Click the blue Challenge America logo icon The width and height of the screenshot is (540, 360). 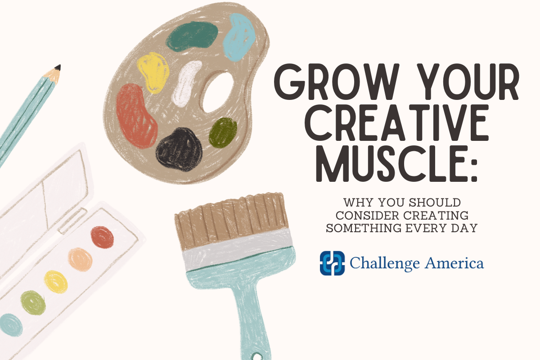[x=332, y=263]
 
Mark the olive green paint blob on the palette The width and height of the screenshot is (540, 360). [x=223, y=132]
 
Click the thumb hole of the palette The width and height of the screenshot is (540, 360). [x=218, y=92]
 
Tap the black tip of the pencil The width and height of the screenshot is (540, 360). [x=58, y=68]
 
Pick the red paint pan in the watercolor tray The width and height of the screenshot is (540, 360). [x=102, y=237]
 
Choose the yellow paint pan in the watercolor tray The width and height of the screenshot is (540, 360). [x=56, y=281]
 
